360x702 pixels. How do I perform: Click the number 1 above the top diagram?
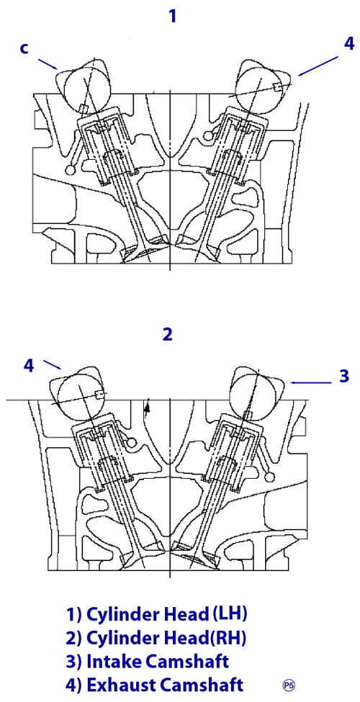(x=172, y=17)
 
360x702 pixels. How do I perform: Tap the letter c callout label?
(x=24, y=48)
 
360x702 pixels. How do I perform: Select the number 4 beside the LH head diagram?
(x=349, y=44)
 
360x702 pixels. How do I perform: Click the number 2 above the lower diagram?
(x=168, y=334)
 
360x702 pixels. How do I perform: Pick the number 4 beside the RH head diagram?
(x=28, y=366)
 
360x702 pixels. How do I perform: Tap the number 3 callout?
(x=344, y=377)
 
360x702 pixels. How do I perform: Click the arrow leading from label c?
(x=48, y=63)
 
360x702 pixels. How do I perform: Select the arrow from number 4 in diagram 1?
(x=318, y=66)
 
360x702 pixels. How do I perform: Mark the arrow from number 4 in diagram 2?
(x=53, y=364)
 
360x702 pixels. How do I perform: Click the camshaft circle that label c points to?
(x=86, y=89)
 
